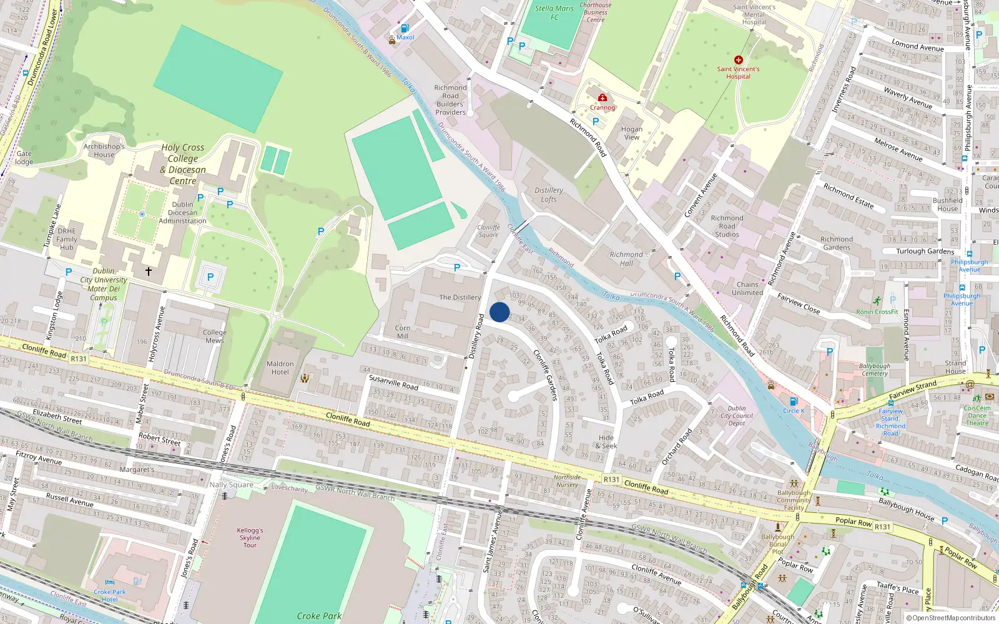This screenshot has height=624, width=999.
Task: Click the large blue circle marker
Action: tap(499, 312)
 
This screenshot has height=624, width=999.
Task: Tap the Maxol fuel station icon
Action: tap(405, 29)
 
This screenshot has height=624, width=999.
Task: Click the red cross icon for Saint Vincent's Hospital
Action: tap(738, 60)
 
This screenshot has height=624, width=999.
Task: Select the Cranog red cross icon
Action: tap(602, 98)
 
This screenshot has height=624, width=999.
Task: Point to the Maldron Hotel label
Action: tap(280, 368)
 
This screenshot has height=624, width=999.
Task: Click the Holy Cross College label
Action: tap(183, 164)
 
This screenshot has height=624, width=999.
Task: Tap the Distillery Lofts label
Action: tap(549, 195)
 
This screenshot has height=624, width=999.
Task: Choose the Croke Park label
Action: tap(318, 616)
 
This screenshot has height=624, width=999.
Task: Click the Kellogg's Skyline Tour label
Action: tap(250, 537)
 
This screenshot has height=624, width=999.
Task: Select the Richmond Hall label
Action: tap(626, 259)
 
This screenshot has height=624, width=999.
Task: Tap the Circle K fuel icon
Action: tap(794, 402)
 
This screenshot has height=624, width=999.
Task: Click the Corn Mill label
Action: tap(403, 332)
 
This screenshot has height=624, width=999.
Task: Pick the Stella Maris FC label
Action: tap(554, 12)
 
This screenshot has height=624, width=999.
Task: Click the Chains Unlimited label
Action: tap(747, 288)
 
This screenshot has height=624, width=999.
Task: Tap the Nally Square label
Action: tap(231, 485)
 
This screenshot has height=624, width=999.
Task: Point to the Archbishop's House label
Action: tap(104, 150)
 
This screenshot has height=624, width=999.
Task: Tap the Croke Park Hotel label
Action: tap(110, 595)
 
